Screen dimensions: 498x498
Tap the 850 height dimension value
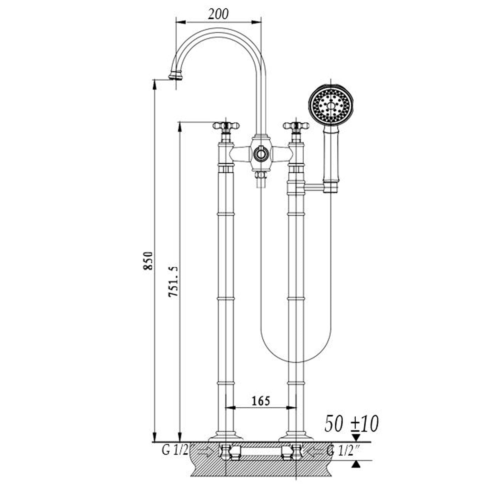click(148, 261)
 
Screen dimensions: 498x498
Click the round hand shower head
click(331, 105)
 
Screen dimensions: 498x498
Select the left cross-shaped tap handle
click(226, 126)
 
